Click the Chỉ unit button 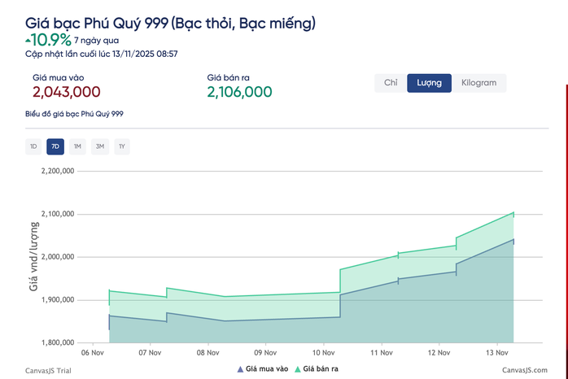click(391, 83)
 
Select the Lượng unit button click(429, 83)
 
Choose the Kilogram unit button click(478, 83)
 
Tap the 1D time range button click(33, 146)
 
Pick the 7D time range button click(55, 146)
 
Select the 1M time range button click(77, 146)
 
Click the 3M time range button click(99, 146)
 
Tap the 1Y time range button click(121, 146)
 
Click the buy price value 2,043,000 click(67, 93)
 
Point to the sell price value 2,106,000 click(239, 93)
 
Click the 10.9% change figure click(48, 39)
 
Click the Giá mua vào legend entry click(262, 369)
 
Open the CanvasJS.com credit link click(524, 369)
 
